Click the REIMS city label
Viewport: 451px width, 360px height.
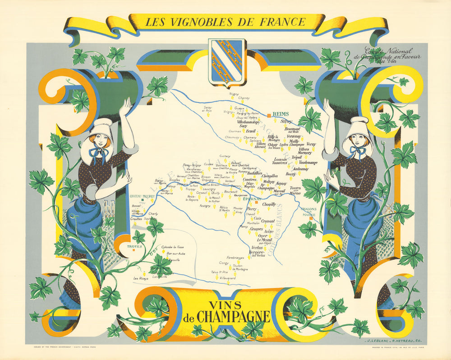pyautogui.click(x=281, y=114)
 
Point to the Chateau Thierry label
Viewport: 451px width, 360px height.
pyautogui.click(x=142, y=196)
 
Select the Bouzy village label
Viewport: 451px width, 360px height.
pyautogui.click(x=291, y=174)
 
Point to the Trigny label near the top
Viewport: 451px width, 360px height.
pyautogui.click(x=234, y=93)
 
